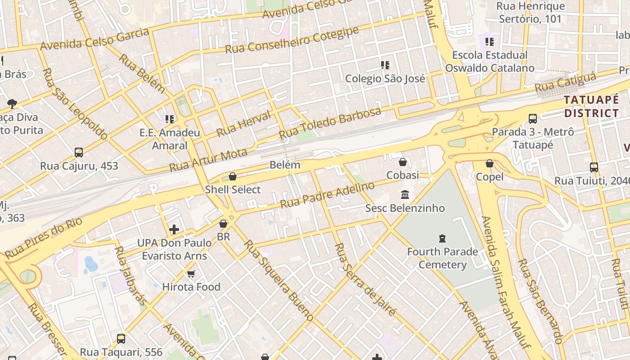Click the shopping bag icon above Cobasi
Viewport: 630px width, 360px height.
point(403,162)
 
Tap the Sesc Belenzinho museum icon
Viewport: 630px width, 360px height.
point(405,195)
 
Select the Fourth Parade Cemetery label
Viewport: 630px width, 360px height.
point(442,258)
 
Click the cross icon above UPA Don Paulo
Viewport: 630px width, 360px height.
point(174,229)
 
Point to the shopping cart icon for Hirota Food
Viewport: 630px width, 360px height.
point(191,274)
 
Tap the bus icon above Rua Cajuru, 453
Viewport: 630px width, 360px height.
point(79,153)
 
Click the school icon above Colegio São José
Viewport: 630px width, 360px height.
point(385,65)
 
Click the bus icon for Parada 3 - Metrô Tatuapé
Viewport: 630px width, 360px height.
point(533,119)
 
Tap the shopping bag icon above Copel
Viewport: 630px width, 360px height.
point(490,163)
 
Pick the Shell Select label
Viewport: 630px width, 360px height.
point(233,189)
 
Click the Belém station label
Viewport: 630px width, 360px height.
point(285,165)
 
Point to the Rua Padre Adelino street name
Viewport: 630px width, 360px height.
point(327,195)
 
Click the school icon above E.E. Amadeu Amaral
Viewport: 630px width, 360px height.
point(170,119)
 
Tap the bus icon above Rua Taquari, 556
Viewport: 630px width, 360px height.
point(121,338)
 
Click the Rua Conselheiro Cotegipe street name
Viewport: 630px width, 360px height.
point(292,40)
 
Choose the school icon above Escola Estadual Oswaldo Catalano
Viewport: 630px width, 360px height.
point(490,42)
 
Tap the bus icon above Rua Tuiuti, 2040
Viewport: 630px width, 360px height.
point(594,167)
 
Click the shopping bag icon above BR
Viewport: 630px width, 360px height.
point(223,223)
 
